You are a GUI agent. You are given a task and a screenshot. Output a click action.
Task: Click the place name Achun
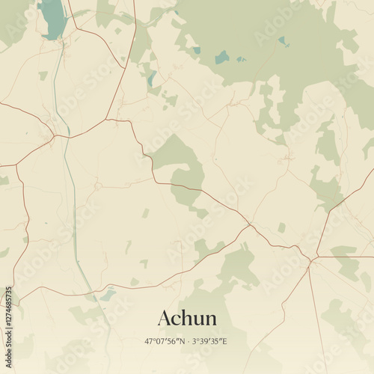coord(187,318)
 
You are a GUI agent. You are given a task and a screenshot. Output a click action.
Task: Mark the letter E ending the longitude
coord(225,341)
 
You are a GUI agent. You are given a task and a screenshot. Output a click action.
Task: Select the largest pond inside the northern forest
coord(222,57)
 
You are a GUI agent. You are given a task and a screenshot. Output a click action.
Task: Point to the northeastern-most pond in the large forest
coord(284,42)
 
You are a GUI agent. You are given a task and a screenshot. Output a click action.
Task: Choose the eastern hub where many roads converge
coord(312,258)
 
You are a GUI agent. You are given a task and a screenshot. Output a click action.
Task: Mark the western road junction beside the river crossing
coord(54,136)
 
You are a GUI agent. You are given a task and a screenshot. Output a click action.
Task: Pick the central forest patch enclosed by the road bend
coord(180,168)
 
